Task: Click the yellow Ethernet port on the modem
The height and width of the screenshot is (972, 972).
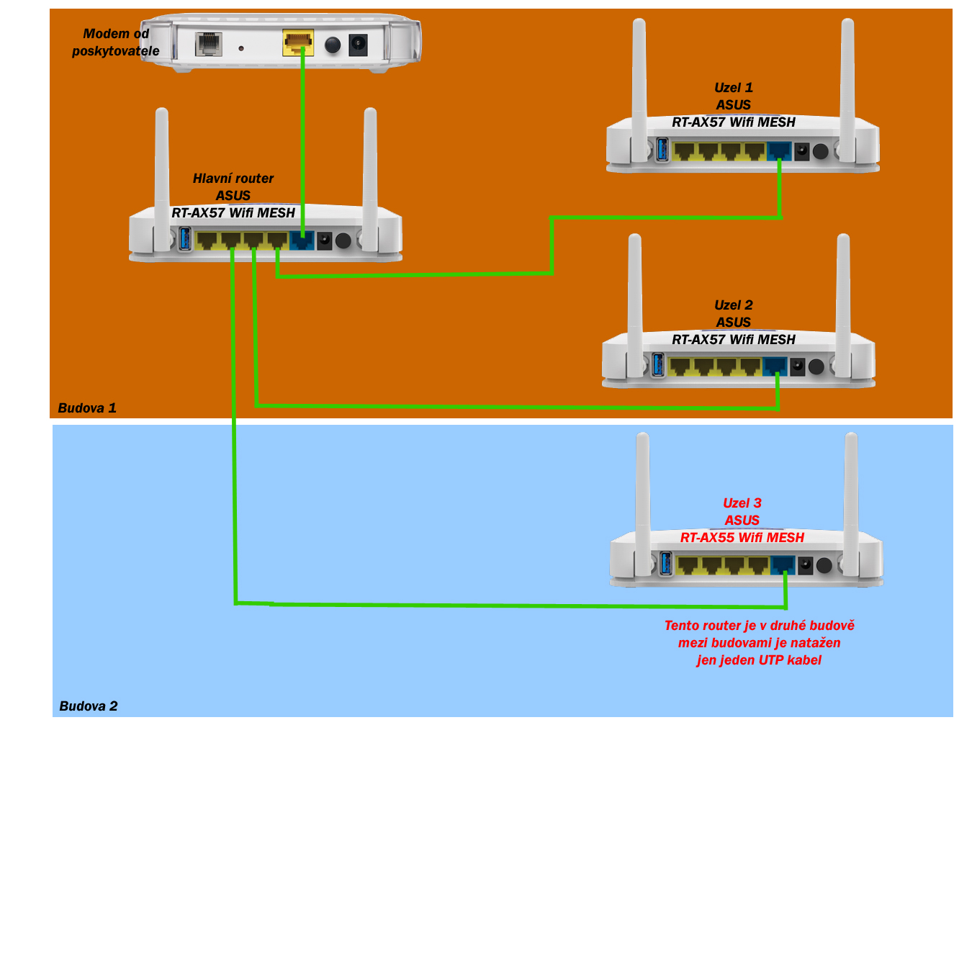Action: [x=298, y=42]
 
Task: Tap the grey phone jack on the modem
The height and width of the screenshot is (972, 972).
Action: [x=209, y=45]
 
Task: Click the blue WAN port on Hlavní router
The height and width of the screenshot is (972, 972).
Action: [x=302, y=240]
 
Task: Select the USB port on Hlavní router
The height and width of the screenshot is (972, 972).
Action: [x=184, y=239]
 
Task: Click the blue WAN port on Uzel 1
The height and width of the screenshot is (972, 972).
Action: [x=779, y=151]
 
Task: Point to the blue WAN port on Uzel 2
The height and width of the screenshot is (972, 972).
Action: [x=775, y=366]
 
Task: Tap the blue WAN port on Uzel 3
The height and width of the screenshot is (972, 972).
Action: [x=783, y=564]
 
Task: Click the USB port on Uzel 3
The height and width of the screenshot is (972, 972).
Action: [x=666, y=564]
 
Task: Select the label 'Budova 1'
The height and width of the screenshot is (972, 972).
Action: [x=87, y=408]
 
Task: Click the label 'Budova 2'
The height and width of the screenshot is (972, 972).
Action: [x=89, y=706]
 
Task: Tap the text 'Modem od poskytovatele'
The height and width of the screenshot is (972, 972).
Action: [x=116, y=42]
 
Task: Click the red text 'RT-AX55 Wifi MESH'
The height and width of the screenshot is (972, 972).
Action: [x=742, y=538]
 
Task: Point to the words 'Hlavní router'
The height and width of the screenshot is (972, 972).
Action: [x=233, y=179]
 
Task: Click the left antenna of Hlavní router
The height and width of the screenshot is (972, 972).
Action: [x=162, y=173]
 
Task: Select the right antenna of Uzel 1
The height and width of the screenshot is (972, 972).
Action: [x=847, y=79]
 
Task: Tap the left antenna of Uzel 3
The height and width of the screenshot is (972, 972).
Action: [x=643, y=490]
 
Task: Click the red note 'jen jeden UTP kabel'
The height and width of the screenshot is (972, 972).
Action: [x=759, y=660]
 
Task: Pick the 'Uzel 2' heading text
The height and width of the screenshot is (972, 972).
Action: [x=734, y=305]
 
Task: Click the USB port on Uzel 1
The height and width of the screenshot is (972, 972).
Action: [x=662, y=150]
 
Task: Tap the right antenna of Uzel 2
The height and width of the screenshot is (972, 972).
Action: [x=843, y=295]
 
